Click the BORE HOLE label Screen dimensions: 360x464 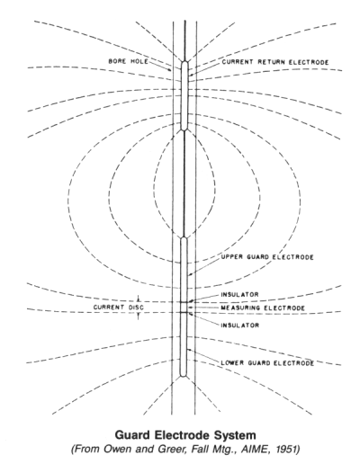coord(128,61)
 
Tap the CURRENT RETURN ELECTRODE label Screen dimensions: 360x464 coord(275,62)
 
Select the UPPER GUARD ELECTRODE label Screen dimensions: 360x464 coord(267,257)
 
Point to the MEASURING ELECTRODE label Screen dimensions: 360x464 coord(263,308)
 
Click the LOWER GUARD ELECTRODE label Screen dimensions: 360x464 coord(267,363)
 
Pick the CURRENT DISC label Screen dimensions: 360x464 coord(119,308)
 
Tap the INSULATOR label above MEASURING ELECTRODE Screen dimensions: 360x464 coord(239,295)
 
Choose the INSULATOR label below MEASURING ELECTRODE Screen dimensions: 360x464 coord(240,326)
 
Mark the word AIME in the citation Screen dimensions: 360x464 coord(263,450)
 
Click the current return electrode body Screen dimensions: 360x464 coord(184,95)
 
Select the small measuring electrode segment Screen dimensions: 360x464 coord(184,308)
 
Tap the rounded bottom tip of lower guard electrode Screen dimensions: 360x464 coord(184,376)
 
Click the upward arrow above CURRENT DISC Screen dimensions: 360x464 coord(139,299)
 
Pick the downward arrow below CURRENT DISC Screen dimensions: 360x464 coord(139,317)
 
